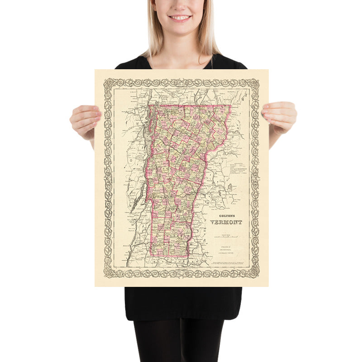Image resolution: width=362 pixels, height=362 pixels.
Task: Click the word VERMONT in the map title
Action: pyautogui.click(x=226, y=222)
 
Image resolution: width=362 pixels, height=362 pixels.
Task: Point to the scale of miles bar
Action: pyautogui.click(x=225, y=237)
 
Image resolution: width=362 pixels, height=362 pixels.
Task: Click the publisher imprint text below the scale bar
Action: pyautogui.click(x=222, y=248)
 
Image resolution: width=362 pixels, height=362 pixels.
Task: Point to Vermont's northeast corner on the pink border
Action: pyautogui.click(x=230, y=106)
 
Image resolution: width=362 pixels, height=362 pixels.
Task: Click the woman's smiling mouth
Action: pyautogui.click(x=180, y=18)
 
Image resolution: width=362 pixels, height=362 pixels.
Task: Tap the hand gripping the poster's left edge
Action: pyautogui.click(x=85, y=120)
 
